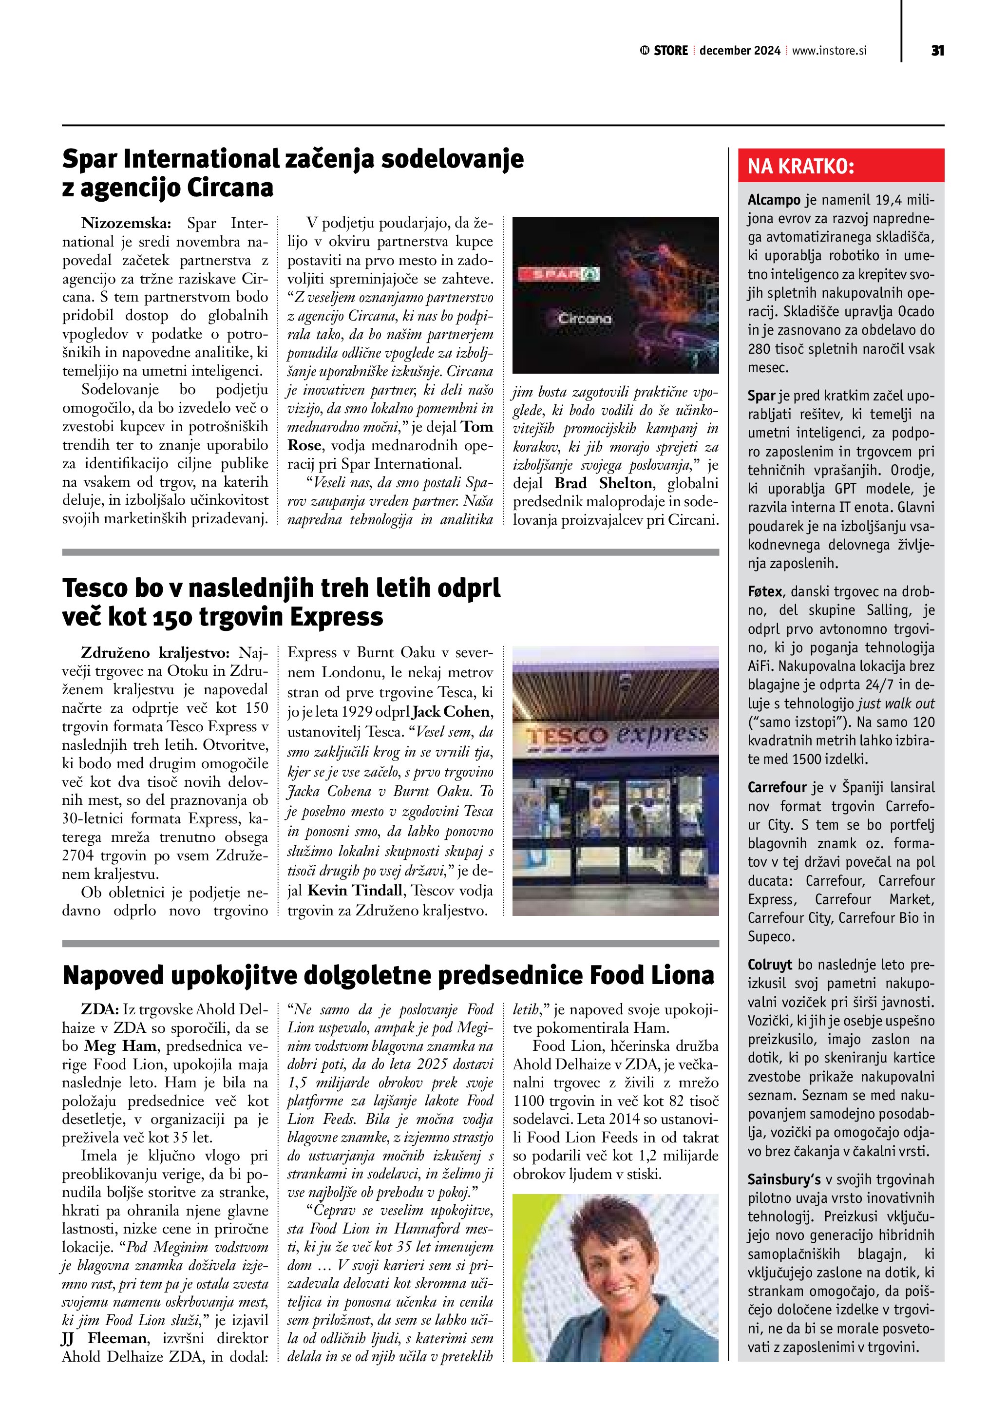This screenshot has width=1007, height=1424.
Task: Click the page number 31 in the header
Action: [x=937, y=50]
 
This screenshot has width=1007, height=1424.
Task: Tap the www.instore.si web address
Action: [x=829, y=51]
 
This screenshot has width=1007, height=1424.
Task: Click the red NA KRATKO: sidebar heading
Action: [x=800, y=166]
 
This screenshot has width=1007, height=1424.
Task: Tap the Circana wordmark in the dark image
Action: [x=584, y=319]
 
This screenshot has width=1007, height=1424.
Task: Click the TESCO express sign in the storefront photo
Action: [x=616, y=736]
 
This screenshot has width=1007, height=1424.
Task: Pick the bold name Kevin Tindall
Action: [x=355, y=891]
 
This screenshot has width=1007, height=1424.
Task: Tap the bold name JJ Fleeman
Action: [x=104, y=1338]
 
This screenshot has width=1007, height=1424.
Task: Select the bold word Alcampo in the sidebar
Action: [x=774, y=200]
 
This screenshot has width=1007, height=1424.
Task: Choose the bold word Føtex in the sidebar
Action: [x=764, y=592]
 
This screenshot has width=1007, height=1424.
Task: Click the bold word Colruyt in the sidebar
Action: [x=770, y=965]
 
